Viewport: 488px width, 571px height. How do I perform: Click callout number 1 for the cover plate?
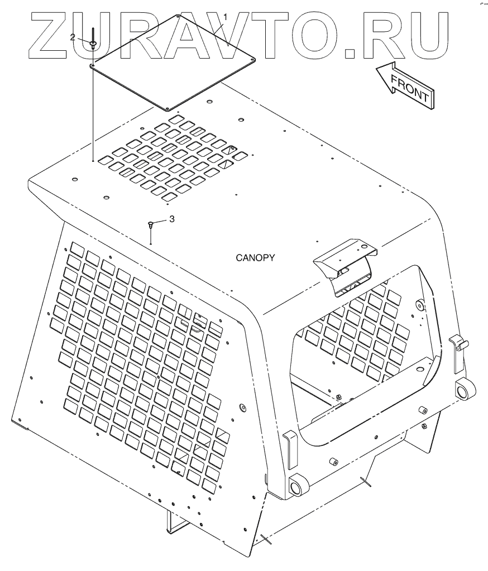click(x=226, y=17)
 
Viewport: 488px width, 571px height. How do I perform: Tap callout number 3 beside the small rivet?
click(x=172, y=219)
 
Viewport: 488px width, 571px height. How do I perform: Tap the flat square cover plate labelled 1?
click(x=173, y=61)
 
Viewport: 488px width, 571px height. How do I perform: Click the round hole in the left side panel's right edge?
click(x=242, y=406)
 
